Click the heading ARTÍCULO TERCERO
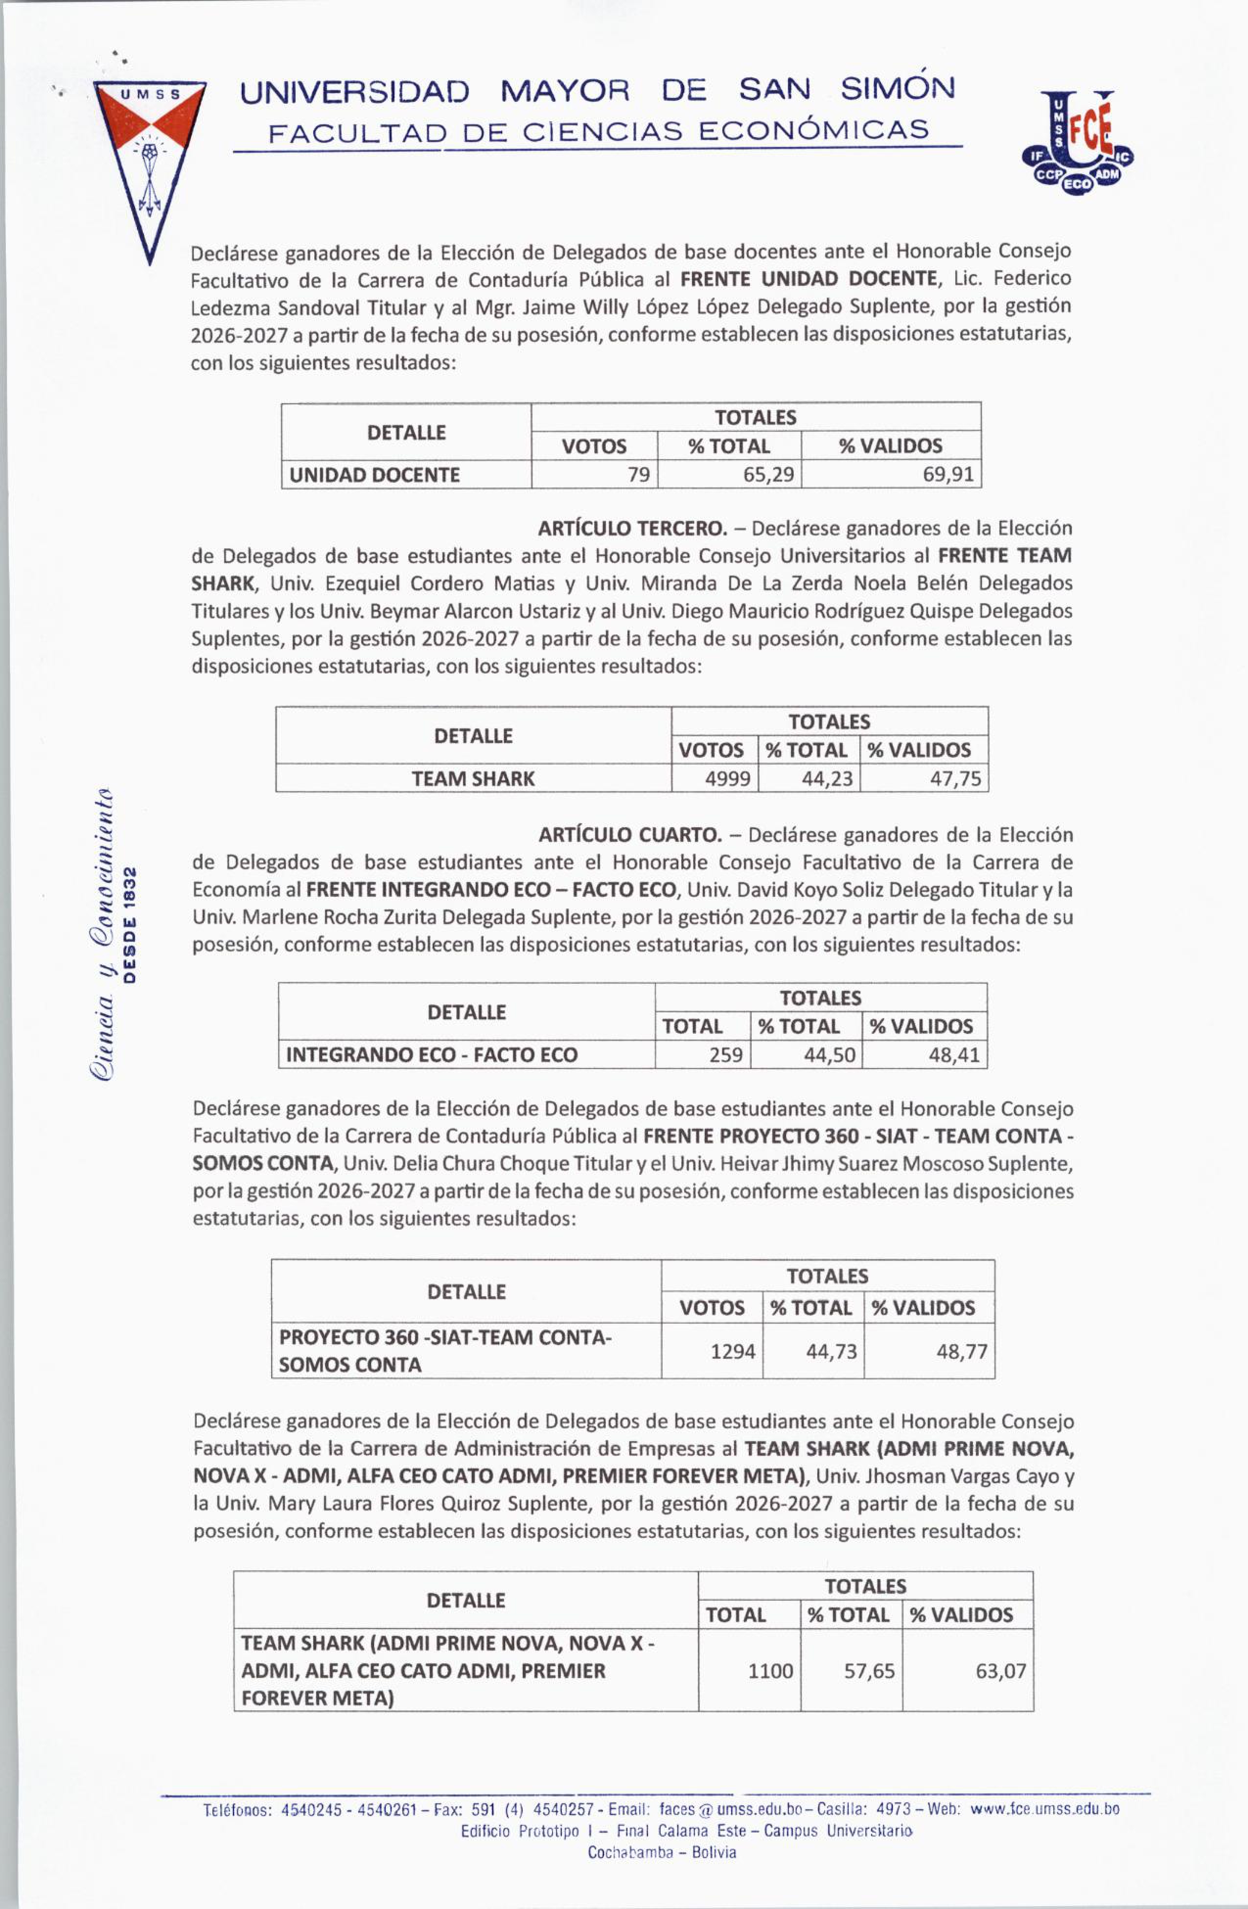631,529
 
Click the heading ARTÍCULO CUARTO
629,835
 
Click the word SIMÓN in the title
898,89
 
